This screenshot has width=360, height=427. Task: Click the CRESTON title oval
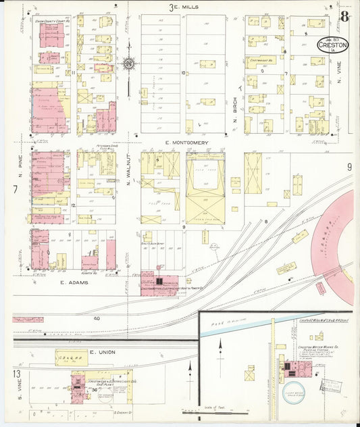334,45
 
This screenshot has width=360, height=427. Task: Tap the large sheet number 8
344,16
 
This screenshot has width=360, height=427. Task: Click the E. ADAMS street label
74,282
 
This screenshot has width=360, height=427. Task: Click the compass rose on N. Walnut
128,65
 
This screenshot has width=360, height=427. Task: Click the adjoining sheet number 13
14,373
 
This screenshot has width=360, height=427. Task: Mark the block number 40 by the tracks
97,318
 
